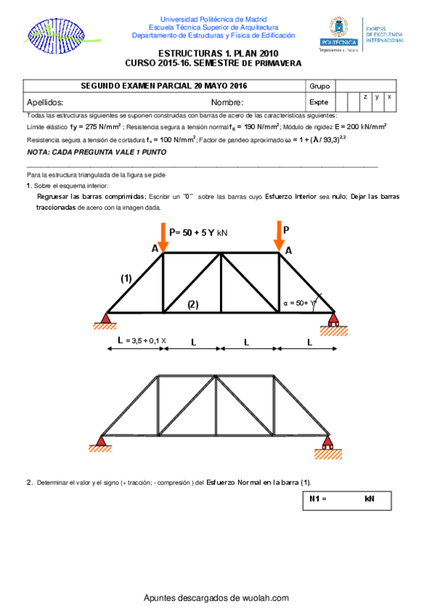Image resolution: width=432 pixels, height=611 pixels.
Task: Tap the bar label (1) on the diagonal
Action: tap(126, 278)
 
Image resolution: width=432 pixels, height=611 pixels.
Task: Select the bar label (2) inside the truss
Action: tap(193, 304)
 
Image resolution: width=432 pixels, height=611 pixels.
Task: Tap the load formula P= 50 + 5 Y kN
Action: tap(198, 232)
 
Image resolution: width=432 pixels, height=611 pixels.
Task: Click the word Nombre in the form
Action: tap(227, 102)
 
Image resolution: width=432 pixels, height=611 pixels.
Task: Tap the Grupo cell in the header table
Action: tap(319, 86)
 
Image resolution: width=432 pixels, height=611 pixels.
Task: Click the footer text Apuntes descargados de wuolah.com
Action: tap(216, 598)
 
